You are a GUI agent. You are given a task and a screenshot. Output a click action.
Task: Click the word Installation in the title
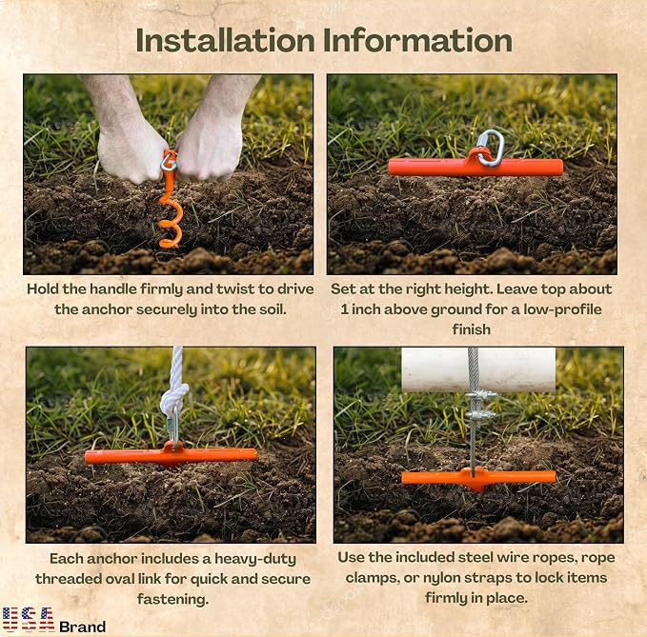225,40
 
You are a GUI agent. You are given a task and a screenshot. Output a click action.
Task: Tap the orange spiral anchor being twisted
170,200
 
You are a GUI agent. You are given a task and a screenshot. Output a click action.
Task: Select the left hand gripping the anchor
126,136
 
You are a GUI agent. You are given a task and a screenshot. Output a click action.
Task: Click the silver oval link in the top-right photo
491,148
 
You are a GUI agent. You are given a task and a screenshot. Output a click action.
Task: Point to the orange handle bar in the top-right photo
475,168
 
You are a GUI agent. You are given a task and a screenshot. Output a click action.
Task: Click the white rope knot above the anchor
173,397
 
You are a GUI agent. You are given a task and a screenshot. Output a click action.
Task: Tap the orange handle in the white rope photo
171,455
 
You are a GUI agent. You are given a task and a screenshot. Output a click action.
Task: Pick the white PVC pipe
478,369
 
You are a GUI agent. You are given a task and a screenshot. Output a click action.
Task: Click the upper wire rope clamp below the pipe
480,395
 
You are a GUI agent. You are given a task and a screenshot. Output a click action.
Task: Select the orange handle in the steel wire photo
478,478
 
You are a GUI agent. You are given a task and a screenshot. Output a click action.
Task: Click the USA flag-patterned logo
28,619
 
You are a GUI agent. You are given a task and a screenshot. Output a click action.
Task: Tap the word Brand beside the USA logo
83,627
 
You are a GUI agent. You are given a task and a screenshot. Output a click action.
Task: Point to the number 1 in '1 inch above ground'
344,309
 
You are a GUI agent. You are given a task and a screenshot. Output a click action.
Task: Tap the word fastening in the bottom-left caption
172,598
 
